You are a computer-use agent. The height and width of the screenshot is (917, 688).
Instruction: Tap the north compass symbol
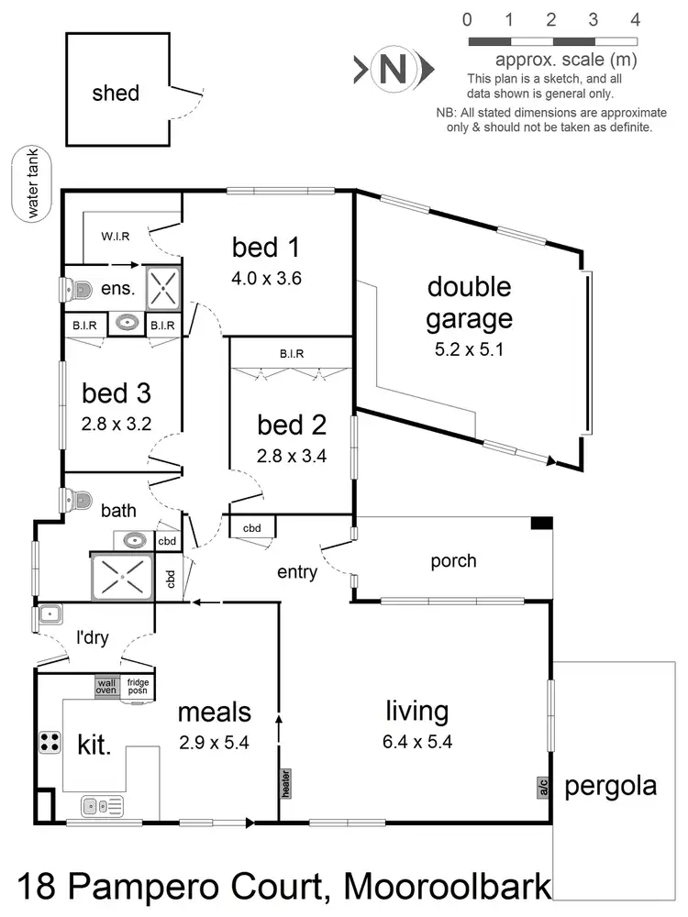coord(394,69)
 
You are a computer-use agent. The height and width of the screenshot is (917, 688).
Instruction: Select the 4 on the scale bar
coord(636,19)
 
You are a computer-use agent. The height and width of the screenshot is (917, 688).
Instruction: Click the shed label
coord(116,93)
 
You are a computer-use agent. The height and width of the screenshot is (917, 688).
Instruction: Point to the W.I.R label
coord(115,236)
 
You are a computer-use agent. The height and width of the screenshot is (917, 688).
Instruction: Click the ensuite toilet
coord(77,290)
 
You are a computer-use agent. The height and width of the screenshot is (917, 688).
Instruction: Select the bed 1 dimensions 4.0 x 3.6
coord(266,277)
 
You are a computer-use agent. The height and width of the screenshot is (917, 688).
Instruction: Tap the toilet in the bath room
coord(77,501)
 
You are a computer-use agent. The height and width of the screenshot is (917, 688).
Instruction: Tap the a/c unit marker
coord(542,786)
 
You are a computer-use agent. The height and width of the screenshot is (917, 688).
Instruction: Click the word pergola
coord(611,786)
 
